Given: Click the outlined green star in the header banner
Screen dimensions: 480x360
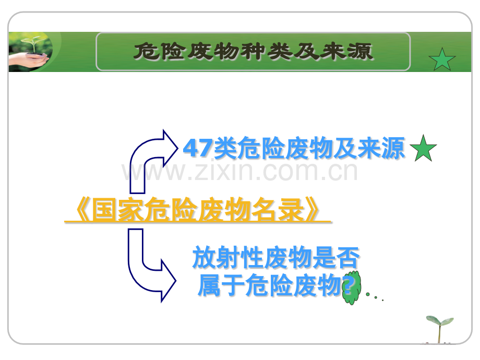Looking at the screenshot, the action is [442, 59].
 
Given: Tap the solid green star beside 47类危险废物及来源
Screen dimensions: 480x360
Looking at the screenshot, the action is [423, 149].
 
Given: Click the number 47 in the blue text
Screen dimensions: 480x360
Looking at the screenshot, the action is [198, 148].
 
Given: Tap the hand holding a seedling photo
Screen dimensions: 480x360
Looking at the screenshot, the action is [30, 52].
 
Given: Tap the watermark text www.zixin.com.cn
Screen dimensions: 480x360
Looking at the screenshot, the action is [239, 172].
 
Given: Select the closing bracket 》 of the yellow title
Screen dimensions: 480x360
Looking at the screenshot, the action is [311, 210].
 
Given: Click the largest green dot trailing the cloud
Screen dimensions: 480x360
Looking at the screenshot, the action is [368, 294].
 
